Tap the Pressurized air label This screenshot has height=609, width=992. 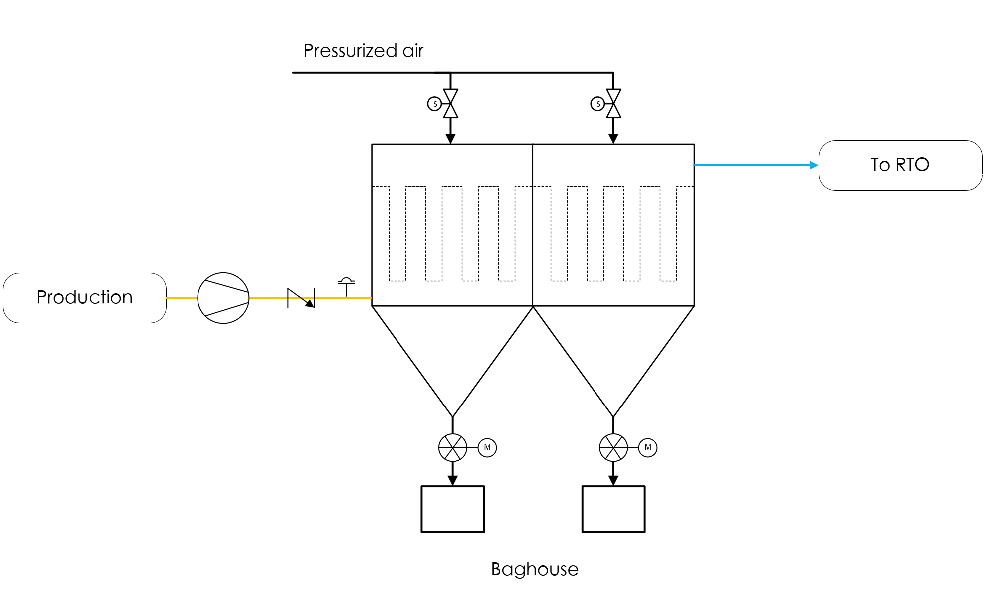tap(363, 51)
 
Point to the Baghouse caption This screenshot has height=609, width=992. tap(535, 569)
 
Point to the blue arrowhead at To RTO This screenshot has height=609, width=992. tap(814, 165)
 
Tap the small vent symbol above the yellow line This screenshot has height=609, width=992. tap(346, 287)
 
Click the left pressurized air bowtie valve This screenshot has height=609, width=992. tap(451, 104)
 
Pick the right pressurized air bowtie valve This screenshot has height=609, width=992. tap(613, 104)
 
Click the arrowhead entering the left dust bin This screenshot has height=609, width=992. tap(453, 481)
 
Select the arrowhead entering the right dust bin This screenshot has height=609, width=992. tap(613, 481)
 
